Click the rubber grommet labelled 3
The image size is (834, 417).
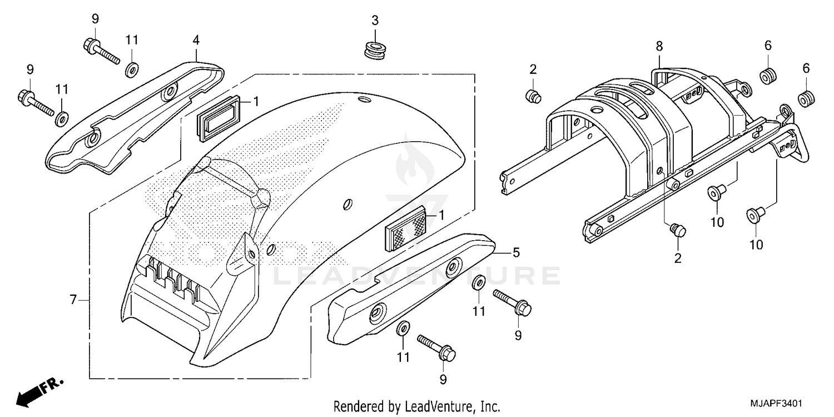(374, 49)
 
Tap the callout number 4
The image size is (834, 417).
(196, 40)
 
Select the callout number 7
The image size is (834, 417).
(73, 300)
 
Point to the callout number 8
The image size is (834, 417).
(659, 46)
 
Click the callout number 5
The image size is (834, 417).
(515, 253)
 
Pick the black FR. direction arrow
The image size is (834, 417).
(33, 393)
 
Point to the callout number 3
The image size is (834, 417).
(375, 21)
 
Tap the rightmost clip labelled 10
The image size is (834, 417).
(754, 214)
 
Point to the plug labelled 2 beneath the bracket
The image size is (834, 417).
(678, 230)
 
